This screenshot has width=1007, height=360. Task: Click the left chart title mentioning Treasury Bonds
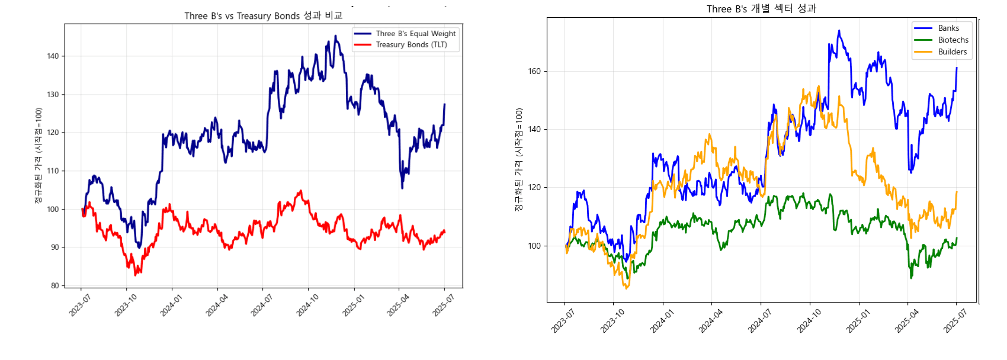click(x=263, y=16)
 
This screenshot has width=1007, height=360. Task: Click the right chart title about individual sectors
click(x=761, y=9)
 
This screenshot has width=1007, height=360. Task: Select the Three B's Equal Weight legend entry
click(x=415, y=34)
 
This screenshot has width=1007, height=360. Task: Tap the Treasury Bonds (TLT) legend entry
click(x=411, y=44)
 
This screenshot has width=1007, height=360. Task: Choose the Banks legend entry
click(x=948, y=28)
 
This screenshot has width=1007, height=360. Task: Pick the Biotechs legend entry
click(x=953, y=40)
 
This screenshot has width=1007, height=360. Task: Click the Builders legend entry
click(x=952, y=52)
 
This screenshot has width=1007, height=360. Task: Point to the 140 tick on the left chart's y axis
click(x=53, y=56)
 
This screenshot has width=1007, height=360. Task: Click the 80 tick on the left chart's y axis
click(x=54, y=285)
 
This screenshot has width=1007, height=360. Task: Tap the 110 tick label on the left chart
click(x=53, y=171)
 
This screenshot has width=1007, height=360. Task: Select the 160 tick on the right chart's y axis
click(x=534, y=72)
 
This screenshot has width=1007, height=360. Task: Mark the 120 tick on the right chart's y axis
click(x=534, y=188)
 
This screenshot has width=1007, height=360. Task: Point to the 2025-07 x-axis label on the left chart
click(x=443, y=306)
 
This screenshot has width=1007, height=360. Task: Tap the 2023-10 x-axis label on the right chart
click(x=612, y=322)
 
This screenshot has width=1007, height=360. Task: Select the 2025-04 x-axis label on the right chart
click(x=906, y=322)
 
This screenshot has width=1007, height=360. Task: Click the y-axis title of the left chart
click(x=39, y=156)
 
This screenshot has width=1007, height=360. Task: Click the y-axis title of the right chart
click(x=519, y=160)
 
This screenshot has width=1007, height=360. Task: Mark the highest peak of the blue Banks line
click(x=839, y=30)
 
